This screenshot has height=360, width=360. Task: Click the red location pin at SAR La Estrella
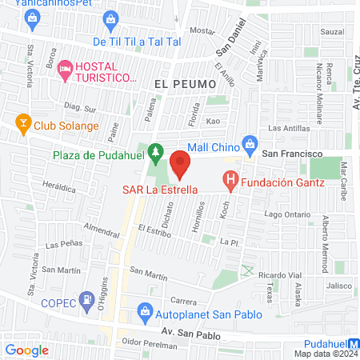coord(181,165)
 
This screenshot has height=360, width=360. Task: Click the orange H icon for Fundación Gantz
coord(231,182)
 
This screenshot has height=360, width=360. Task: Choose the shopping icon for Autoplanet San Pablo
coord(145,310)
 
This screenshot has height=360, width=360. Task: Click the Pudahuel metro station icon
coord(353,343)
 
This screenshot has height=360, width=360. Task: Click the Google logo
coord(27,350)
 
